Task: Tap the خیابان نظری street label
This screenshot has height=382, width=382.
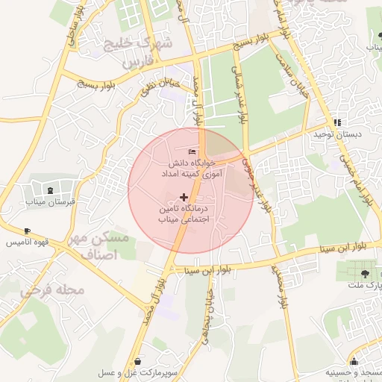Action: point(158,88)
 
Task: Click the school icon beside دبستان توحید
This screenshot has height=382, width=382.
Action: point(337,122)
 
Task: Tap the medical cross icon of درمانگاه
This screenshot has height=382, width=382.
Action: point(184,197)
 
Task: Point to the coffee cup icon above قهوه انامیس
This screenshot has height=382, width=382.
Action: point(28,231)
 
